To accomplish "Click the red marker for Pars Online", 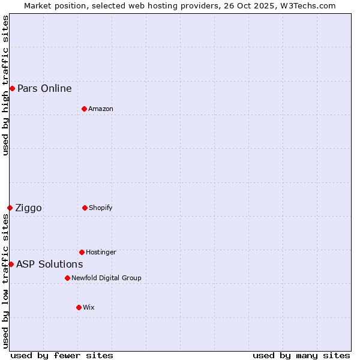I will (12, 89).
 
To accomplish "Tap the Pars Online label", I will (44, 89).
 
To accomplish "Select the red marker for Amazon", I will (84, 109).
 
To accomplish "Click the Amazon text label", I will (101, 109).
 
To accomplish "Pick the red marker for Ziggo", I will (10, 208).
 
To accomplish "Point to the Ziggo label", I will (28, 208).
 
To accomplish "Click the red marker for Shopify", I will (85, 208).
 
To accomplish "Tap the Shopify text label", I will (101, 208).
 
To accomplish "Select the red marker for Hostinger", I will (82, 252).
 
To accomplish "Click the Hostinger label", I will (101, 252).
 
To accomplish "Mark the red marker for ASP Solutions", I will (11, 264).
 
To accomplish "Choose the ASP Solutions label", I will (49, 264).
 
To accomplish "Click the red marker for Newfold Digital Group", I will (67, 278).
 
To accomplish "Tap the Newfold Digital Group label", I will (106, 278).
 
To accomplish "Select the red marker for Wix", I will (79, 307).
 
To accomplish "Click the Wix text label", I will (89, 307).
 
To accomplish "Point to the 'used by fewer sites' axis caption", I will (62, 355).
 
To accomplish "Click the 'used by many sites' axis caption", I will (301, 355).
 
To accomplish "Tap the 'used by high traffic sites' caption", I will (5, 85).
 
